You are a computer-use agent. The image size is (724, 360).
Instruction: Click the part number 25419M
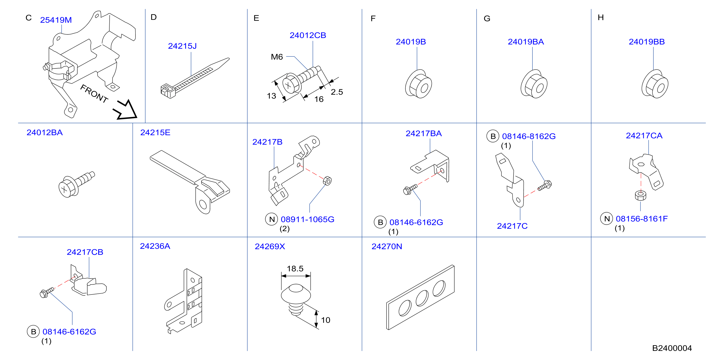pos(56,20)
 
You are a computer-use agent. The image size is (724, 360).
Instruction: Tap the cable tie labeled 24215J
pos(195,78)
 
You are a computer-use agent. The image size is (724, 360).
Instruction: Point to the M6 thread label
pos(277,57)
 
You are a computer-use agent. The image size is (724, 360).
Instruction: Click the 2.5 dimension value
pos(337,92)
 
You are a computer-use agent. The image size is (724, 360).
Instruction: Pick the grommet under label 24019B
pos(418,84)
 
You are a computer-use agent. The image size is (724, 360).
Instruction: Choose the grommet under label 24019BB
pos(655,84)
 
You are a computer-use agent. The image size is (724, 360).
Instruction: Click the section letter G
pos(487,19)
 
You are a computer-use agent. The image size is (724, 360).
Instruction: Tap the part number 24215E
pos(155,132)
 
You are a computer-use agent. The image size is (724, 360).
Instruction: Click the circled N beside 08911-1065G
pos(272,219)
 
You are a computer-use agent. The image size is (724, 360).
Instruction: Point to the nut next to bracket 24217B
pos(327,180)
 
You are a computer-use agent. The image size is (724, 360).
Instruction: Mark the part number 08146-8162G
pos(529,136)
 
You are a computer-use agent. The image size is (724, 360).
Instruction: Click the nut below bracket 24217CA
pos(641,196)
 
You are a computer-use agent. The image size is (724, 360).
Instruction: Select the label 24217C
pos(512,226)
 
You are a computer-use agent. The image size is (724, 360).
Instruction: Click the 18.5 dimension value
pos(295,269)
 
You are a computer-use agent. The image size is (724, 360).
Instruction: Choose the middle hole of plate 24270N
pos(422,298)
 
